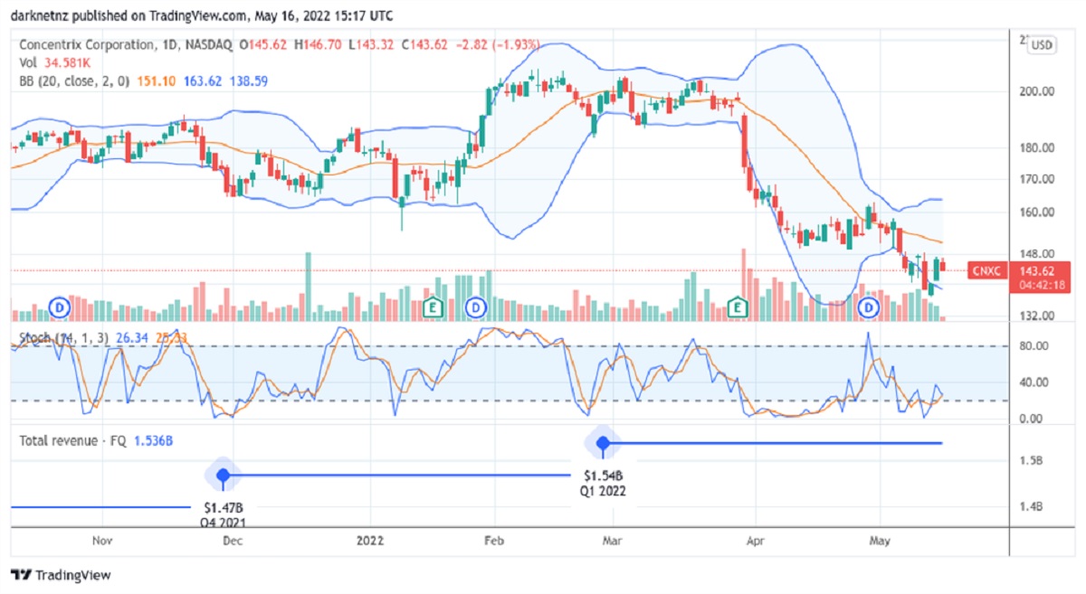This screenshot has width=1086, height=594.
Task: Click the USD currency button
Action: [x=1042, y=44]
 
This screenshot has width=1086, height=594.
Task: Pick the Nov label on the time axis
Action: [x=102, y=541]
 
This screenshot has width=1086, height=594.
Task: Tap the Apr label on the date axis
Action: [x=753, y=541]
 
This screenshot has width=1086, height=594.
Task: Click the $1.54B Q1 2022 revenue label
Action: [x=603, y=483]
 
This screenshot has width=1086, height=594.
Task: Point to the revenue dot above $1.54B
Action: [x=603, y=443]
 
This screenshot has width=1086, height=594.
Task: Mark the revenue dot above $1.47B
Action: [x=223, y=475]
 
